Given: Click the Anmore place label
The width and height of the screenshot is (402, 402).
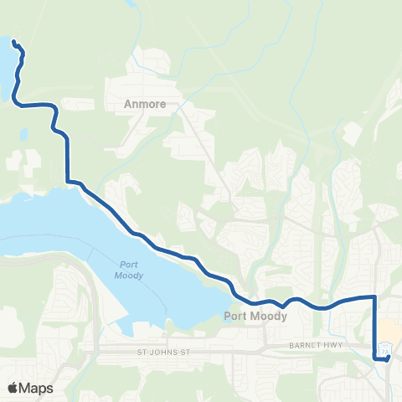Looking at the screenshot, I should point(147,105).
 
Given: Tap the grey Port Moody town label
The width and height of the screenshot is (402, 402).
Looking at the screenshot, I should point(255,316).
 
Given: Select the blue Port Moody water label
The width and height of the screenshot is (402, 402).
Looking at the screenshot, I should point(128,271).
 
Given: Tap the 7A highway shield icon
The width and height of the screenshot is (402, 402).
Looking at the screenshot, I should point(384,349).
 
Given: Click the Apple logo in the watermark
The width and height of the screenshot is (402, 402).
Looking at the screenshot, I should point(13,388).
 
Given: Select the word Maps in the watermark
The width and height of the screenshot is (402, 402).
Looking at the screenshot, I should point(37,388).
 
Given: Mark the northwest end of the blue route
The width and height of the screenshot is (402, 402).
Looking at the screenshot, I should point(13,40).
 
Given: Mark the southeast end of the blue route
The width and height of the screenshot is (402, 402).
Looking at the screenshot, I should point(388,358).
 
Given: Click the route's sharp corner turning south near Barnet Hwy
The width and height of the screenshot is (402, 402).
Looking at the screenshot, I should point(374,296).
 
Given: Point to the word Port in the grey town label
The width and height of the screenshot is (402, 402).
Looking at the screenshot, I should point(236,316).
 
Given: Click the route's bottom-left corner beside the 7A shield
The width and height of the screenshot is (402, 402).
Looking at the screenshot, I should point(374,358).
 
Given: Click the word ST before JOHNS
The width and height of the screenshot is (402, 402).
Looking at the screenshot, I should point(143,353).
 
